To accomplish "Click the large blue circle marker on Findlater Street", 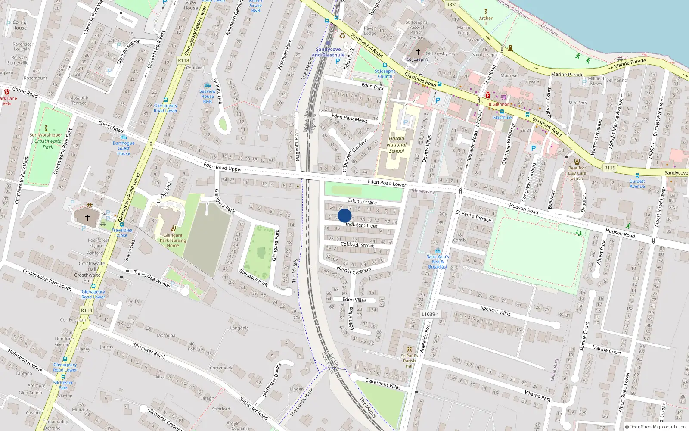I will (x=344, y=215).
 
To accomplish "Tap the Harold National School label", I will (x=397, y=145).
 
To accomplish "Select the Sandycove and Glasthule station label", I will (x=328, y=52).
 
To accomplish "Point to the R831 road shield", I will (x=452, y=5).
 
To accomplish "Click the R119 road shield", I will (x=610, y=168).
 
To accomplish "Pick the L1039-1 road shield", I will (x=430, y=314).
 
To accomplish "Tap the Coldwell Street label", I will (x=357, y=244).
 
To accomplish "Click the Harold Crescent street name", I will (x=354, y=270).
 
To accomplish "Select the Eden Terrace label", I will (x=362, y=201).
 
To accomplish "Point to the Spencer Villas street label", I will (x=495, y=311).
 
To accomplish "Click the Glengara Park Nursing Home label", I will (x=173, y=240).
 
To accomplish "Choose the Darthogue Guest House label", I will (x=124, y=148).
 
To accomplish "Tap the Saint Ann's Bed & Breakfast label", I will (x=438, y=262).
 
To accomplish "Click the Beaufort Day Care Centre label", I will (x=577, y=173).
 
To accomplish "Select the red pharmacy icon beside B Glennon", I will (x=487, y=95).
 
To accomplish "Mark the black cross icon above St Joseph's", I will (x=418, y=51).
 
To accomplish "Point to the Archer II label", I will (x=486, y=20).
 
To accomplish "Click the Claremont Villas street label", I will (x=383, y=384).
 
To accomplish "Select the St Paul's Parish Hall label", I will (x=409, y=361).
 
